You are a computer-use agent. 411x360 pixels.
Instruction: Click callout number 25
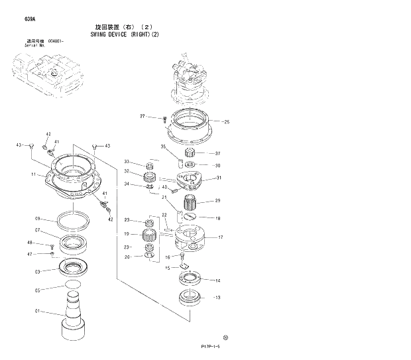point(226,122)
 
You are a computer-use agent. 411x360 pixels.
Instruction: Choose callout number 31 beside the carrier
point(219,178)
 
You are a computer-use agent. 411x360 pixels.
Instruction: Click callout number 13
point(217,297)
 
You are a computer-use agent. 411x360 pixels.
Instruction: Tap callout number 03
point(38,271)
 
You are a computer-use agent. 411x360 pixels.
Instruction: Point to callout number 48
point(30,243)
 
